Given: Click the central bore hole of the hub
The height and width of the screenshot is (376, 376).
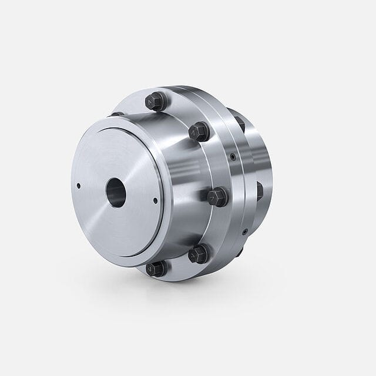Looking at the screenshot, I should coord(116,192).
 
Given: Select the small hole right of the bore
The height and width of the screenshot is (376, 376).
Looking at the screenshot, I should coord(155,200).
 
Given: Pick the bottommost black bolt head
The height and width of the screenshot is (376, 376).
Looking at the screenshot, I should coord(156,268).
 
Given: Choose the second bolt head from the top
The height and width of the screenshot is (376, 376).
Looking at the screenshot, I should coord(200,131).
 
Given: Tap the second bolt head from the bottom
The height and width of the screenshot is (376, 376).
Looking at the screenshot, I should coord(199,254).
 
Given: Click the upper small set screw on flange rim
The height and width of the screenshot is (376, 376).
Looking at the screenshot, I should coord(233,157).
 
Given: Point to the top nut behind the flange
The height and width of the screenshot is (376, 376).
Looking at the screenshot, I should coord(240,124).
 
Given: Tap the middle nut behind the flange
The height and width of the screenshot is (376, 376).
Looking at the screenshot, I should coord(259,190).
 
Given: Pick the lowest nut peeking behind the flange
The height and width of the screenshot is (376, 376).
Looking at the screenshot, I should coord(239,253).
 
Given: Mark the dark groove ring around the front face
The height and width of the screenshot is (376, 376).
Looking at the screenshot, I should coord(160,176).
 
